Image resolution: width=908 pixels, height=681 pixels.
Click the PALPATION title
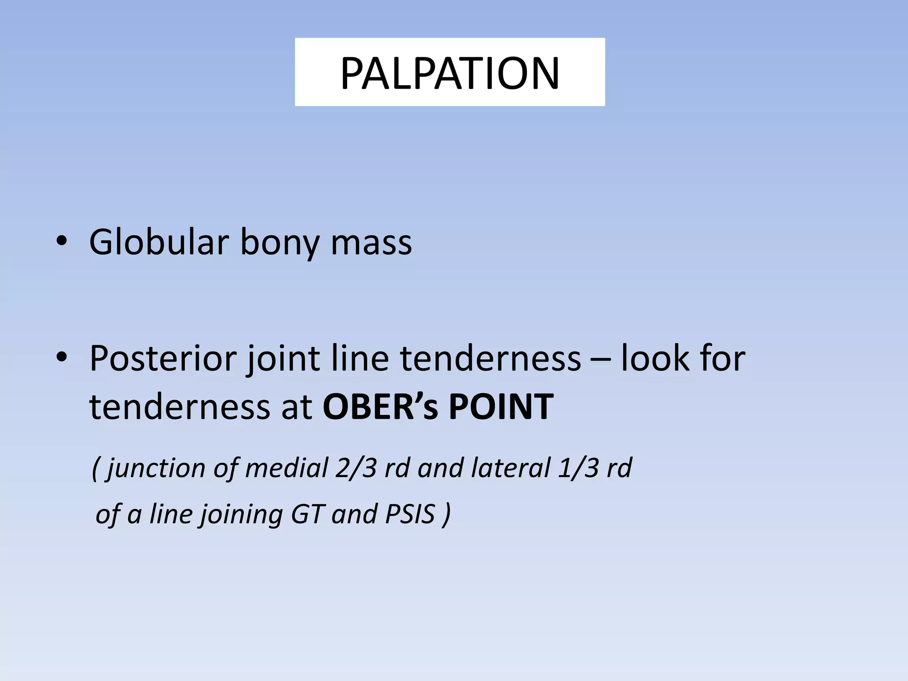[x=450, y=73]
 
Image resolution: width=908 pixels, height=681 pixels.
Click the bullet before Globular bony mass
[x=62, y=242]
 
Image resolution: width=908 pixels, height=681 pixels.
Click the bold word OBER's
[x=381, y=407]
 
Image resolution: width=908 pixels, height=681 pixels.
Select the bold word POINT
[x=501, y=407]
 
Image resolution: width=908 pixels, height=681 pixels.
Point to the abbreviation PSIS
[x=410, y=514]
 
